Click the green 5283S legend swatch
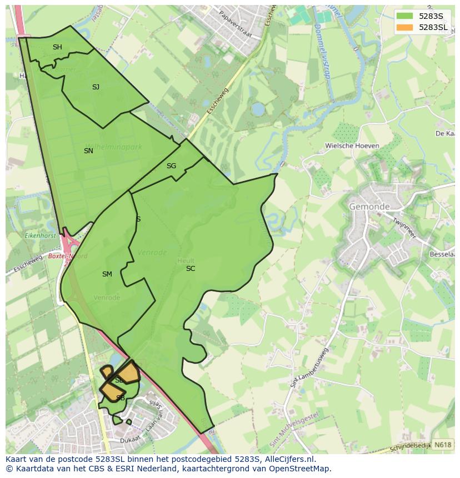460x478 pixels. point(404,16)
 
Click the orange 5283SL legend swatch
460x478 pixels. point(404,27)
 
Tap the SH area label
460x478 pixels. point(57,47)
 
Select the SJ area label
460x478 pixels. point(96,87)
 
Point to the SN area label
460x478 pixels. point(88,151)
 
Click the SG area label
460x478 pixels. point(171,166)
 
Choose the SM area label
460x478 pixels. point(107,274)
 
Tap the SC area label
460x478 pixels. point(191,269)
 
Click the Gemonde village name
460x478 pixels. point(369,207)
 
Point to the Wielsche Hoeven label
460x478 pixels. point(352,146)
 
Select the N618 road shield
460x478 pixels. point(442,445)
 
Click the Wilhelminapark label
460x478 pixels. point(113,147)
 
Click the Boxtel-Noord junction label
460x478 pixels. point(67,256)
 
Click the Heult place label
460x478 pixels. point(186,260)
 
